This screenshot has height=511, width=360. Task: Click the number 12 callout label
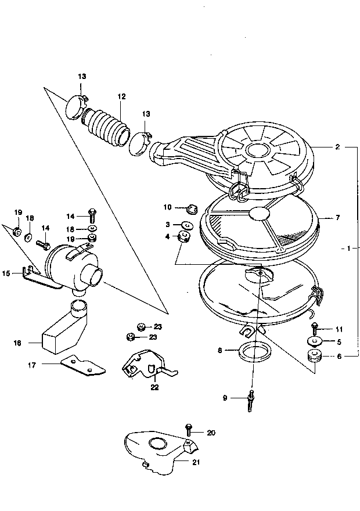(x=121, y=96)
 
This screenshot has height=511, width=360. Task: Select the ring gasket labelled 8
(x=254, y=352)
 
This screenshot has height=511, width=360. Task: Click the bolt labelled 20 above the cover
(x=189, y=430)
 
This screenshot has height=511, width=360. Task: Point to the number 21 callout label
(x=196, y=462)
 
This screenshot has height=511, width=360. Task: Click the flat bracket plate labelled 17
(x=83, y=366)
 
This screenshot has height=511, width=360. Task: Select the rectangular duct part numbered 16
(x=64, y=329)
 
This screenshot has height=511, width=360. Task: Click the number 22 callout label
(x=154, y=387)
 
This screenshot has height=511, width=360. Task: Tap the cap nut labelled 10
(x=192, y=208)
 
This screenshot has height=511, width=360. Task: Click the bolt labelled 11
(x=314, y=329)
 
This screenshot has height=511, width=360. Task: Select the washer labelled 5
(x=314, y=341)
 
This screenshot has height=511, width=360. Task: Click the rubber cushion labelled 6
(x=314, y=356)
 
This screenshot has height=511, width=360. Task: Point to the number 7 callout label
(x=337, y=217)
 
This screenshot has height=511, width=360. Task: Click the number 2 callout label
(x=337, y=147)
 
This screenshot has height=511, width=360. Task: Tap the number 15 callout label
(x=6, y=274)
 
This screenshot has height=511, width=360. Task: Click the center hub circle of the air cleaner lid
(x=258, y=150)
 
